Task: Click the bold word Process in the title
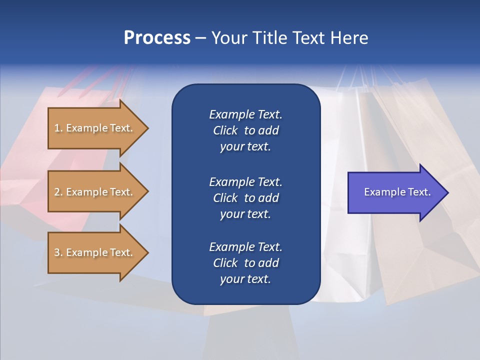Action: point(157,38)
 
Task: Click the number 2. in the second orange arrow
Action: point(58,192)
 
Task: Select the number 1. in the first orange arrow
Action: point(58,128)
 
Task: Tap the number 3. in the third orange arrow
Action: point(58,252)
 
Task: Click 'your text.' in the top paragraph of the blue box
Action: point(245,147)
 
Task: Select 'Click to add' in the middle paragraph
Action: point(245,198)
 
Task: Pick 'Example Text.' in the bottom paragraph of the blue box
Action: point(245,247)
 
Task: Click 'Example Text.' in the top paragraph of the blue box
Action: point(245,114)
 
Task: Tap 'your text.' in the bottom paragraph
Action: point(245,279)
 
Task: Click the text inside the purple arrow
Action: point(397,192)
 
